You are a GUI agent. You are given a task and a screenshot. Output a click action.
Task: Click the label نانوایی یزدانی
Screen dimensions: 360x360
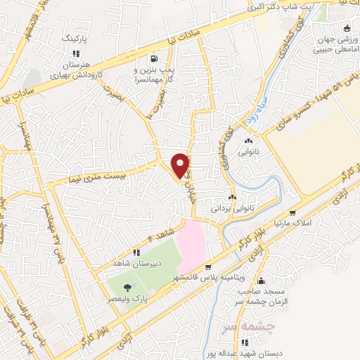point(231,209)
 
